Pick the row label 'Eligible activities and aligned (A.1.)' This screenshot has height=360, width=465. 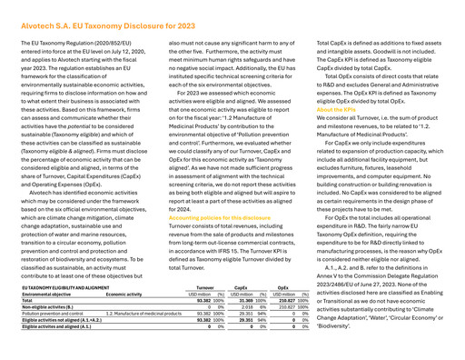point(57,340)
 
